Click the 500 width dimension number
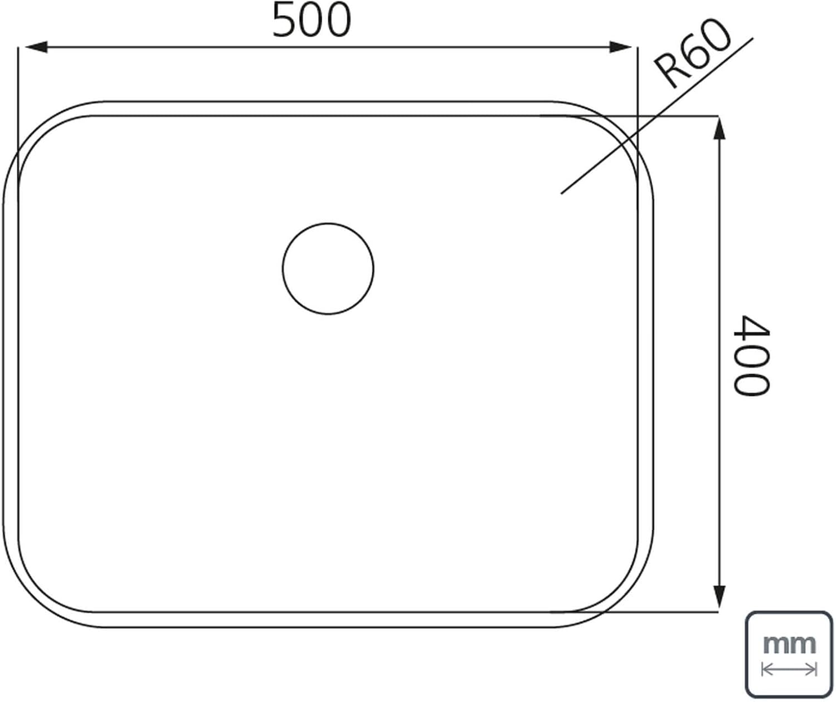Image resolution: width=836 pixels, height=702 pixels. coord(312,21)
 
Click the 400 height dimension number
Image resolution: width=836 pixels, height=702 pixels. coord(751,356)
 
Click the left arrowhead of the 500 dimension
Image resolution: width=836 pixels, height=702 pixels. coord(36,47)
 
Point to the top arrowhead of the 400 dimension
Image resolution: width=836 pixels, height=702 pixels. coord(720,128)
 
